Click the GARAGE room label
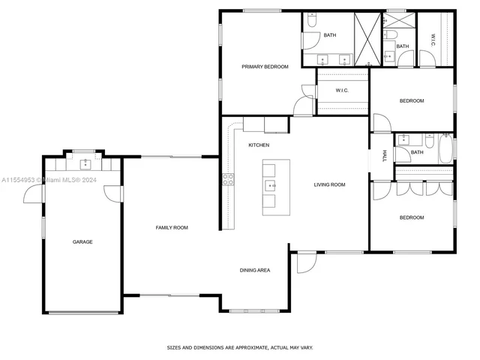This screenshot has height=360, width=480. [x=82, y=241]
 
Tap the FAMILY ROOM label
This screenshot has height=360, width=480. [x=171, y=227]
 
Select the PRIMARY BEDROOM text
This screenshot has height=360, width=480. [x=265, y=67]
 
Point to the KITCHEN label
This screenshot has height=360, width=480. [x=259, y=145]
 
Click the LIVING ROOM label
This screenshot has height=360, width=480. [x=329, y=184]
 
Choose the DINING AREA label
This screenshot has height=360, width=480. [x=255, y=270]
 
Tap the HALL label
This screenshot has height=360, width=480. [x=384, y=155]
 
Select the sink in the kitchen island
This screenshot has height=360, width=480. [x=269, y=185]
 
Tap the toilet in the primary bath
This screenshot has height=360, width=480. [x=312, y=20]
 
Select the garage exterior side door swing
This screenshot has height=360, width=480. [x=34, y=194]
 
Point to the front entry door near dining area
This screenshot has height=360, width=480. [x=304, y=262]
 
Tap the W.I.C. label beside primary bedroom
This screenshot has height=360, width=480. [x=342, y=91]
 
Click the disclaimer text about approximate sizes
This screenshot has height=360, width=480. [x=239, y=347]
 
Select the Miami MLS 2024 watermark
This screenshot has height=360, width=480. [x=45, y=180]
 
